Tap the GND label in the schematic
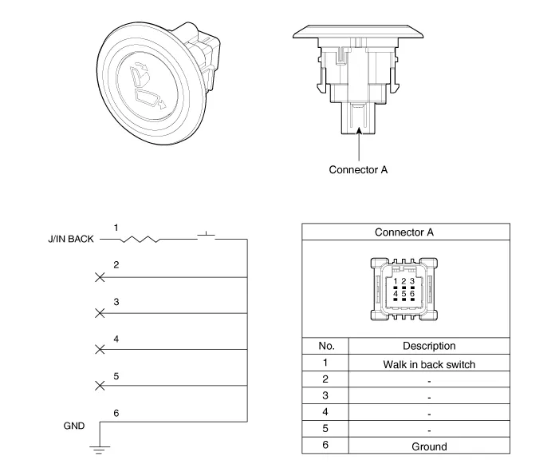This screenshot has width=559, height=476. point(73,426)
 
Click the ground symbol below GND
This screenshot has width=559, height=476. point(99,448)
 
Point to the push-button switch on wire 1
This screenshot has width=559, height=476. point(208,236)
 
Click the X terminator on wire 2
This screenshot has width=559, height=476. point(100,277)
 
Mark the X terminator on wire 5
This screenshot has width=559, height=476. point(100,386)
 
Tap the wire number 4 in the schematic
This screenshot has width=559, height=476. point(116,339)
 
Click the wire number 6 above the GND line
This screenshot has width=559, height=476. point(116,412)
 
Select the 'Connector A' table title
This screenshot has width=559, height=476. point(404,232)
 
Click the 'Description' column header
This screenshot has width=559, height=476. point(429,346)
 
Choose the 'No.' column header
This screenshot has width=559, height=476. point(325,346)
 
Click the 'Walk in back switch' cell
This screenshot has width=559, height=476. point(429,363)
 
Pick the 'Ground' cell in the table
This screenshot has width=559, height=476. point(429,446)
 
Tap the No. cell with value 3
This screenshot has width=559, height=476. point(325,396)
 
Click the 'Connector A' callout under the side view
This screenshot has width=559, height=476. point(358,169)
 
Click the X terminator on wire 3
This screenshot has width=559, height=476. point(100,313)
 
